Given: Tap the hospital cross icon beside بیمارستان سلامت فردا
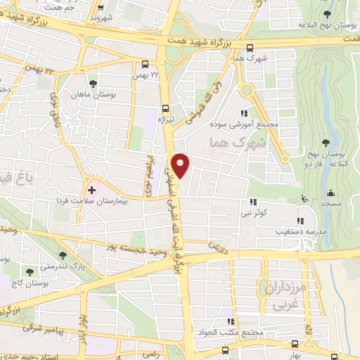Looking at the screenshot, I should [91, 189].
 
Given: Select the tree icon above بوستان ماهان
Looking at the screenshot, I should [93, 84].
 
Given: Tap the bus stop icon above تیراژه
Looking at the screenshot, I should [165, 108].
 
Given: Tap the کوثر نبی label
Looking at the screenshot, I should [252, 211].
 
